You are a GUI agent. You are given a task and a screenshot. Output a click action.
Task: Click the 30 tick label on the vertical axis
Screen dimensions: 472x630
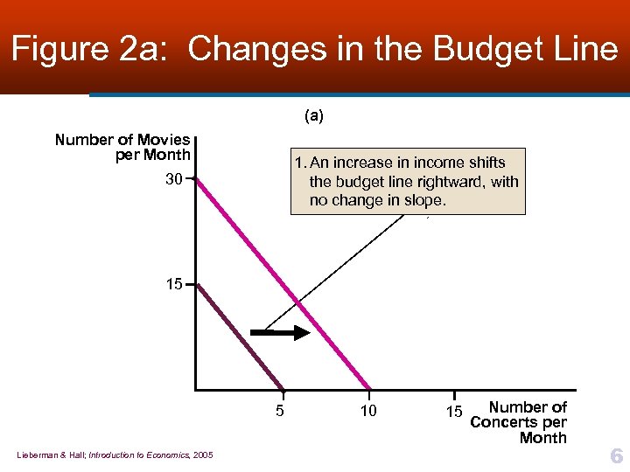[x=175, y=179]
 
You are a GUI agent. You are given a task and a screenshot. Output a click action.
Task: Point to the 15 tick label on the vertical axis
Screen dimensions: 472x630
[x=175, y=284]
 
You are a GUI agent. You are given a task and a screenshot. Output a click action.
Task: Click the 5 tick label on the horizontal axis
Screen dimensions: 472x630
[x=279, y=411]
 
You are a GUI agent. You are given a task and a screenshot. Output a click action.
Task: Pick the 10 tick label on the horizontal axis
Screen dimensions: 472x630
[x=368, y=411]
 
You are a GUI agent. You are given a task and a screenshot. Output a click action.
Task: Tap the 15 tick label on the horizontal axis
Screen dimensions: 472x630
[x=453, y=411]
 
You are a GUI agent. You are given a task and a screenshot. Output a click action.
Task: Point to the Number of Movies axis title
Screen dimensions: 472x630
[x=122, y=147]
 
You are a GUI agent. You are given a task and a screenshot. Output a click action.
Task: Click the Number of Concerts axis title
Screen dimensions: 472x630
[x=520, y=422]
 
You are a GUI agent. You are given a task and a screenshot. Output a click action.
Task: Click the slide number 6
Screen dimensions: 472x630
[x=616, y=455]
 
